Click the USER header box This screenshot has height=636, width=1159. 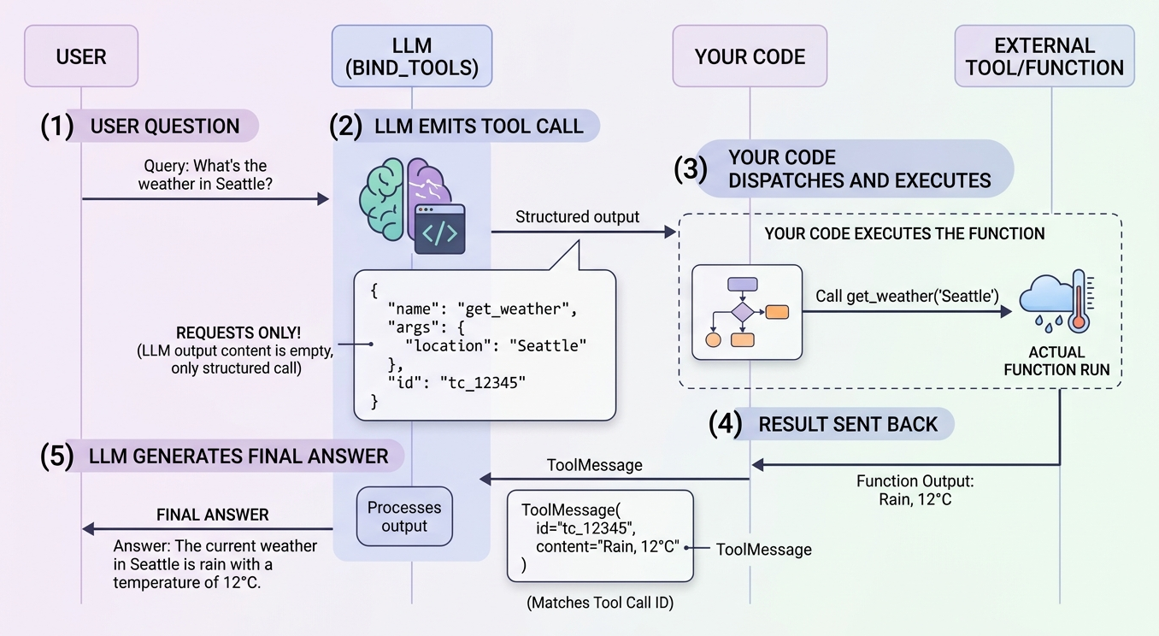81,56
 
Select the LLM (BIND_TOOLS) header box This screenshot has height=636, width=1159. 412,56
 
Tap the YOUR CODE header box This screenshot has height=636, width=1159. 750,56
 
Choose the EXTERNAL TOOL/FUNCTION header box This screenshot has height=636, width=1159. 1044,56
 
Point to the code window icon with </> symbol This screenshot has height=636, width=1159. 440,229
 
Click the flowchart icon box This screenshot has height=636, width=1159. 747,312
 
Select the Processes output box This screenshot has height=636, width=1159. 404,516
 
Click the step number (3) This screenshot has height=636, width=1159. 691,168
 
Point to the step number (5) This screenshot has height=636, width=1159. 57,456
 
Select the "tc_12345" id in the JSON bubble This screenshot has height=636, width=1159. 483,383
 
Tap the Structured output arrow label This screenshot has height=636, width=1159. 578,217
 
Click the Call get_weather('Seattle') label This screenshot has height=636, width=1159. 907,296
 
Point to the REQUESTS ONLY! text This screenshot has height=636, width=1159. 238,333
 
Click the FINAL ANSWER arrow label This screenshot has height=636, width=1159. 213,515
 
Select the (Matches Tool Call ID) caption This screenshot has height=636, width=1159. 600,603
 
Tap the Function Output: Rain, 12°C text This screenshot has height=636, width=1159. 915,490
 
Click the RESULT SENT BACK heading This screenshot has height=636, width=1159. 848,424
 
